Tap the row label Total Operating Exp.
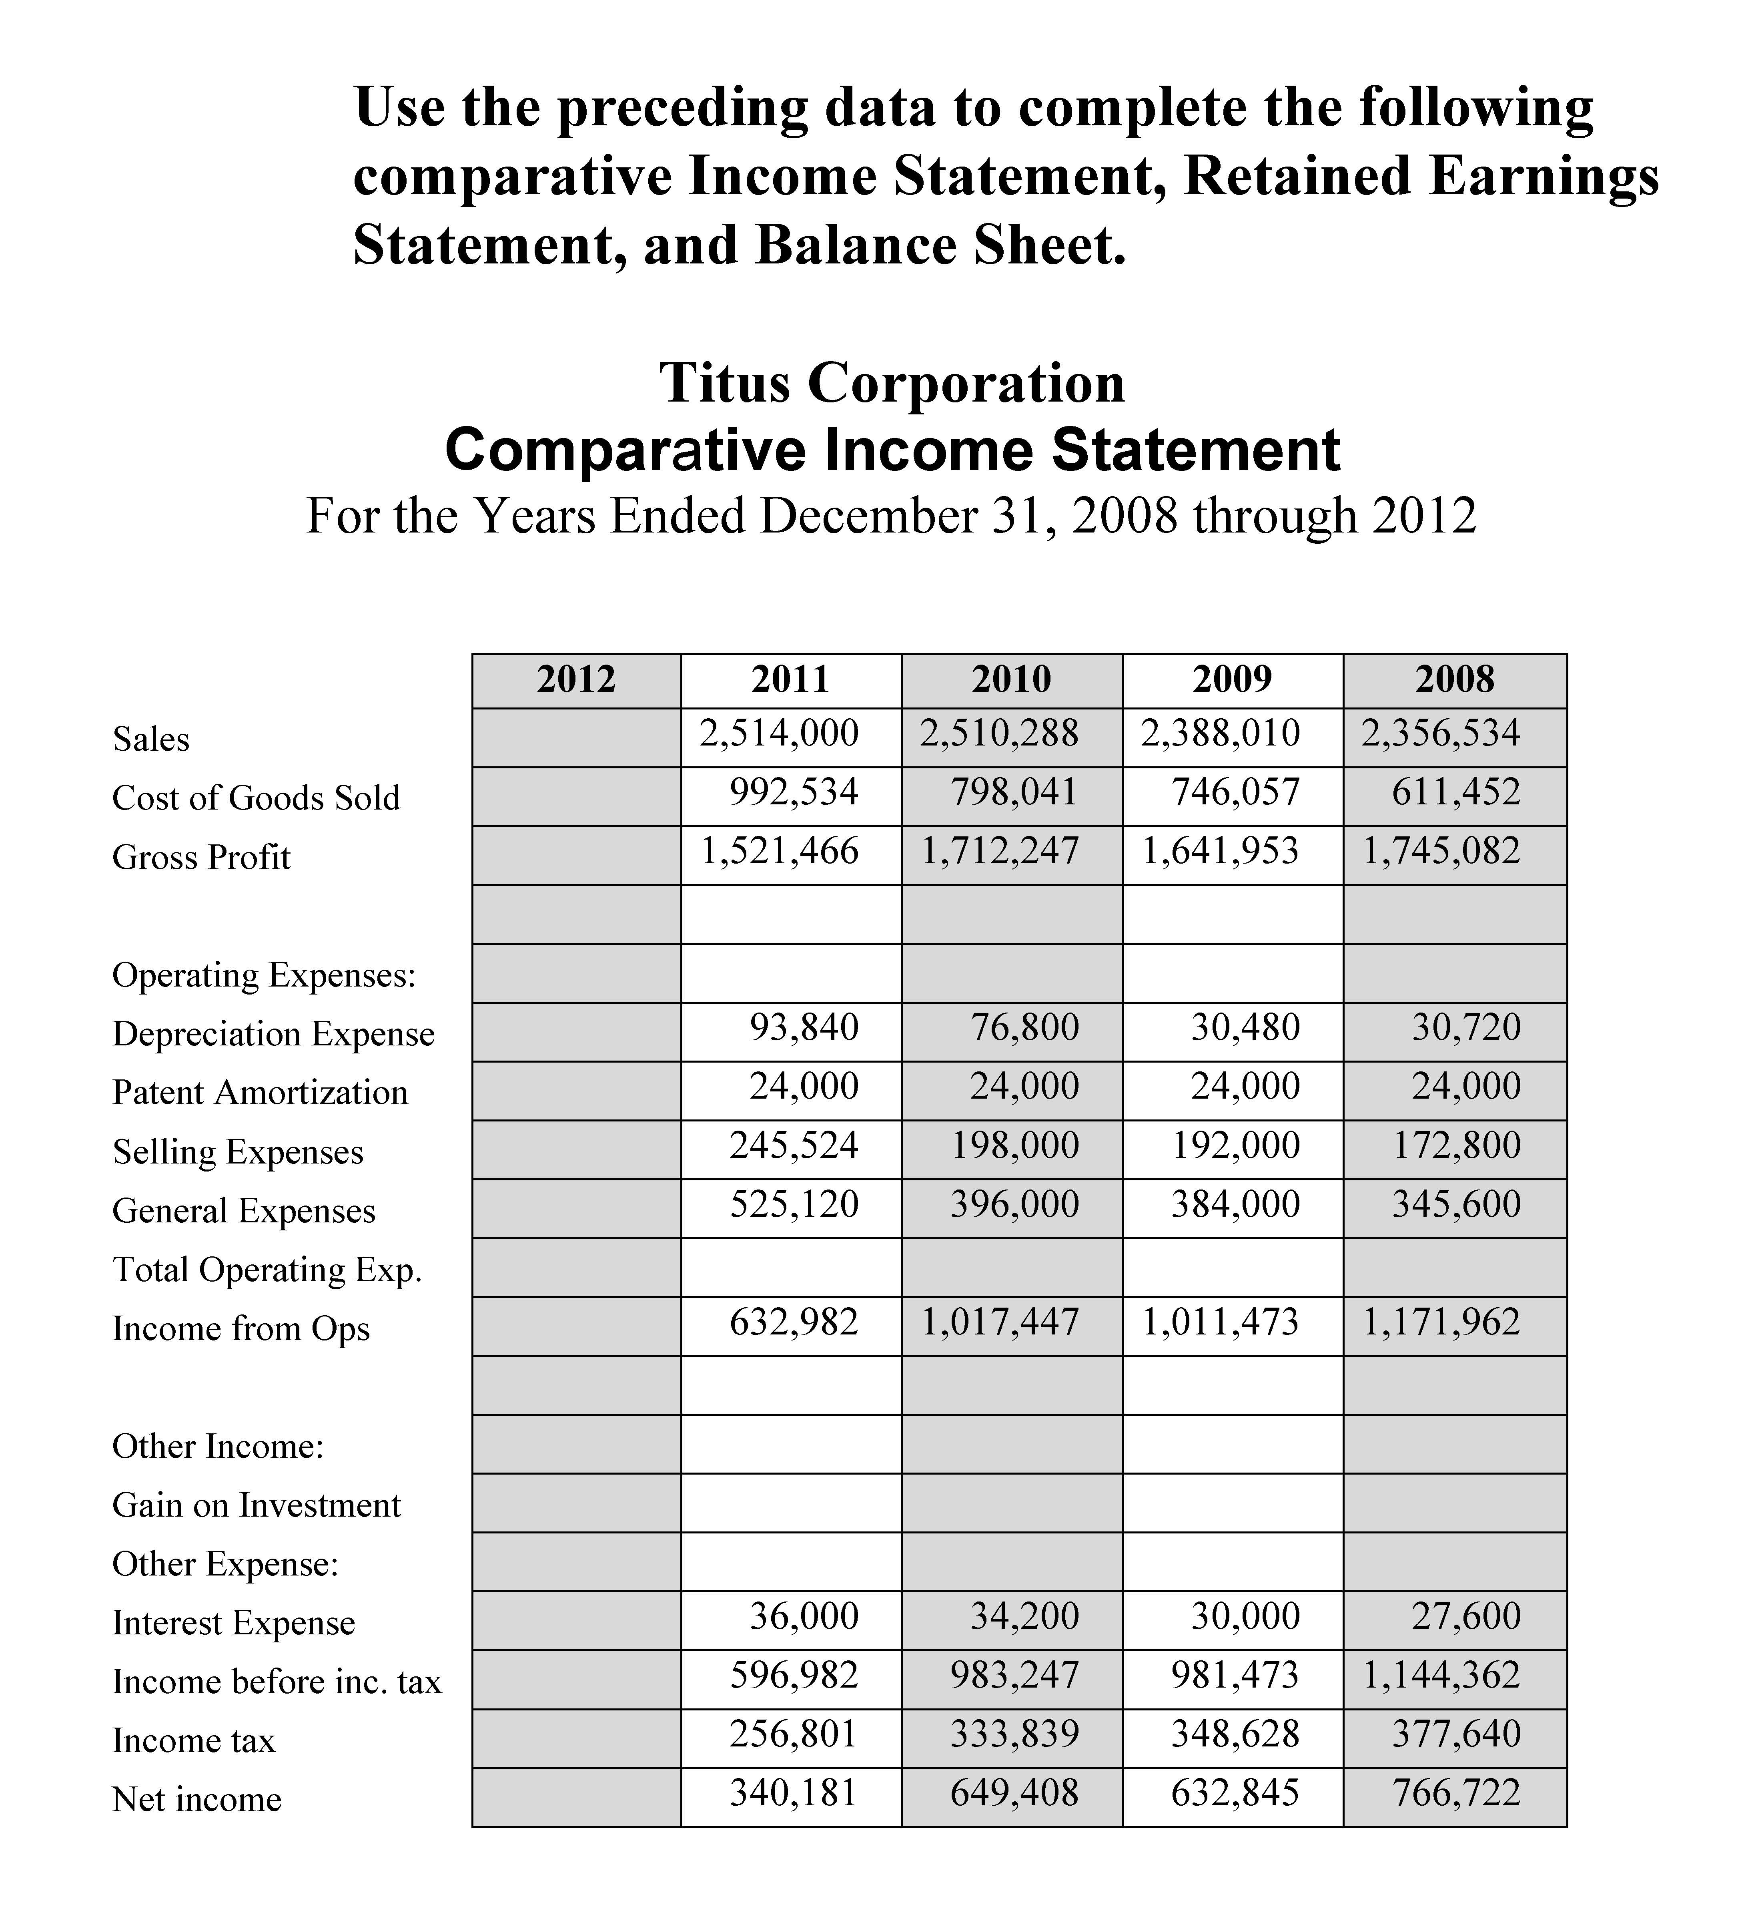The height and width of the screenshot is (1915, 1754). click(x=267, y=1270)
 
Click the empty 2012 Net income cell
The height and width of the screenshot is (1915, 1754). click(x=576, y=1797)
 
